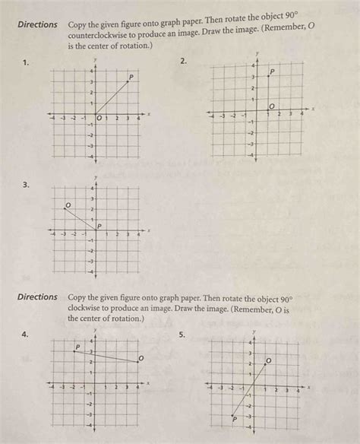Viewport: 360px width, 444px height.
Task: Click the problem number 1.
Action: click(x=26, y=63)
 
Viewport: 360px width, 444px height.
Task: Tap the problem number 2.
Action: click(x=183, y=61)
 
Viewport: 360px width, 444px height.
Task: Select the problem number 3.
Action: click(x=26, y=183)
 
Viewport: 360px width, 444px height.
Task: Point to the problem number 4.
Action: click(x=26, y=334)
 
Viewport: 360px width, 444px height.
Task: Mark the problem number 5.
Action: click(x=183, y=334)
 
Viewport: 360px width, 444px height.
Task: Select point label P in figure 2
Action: click(x=272, y=72)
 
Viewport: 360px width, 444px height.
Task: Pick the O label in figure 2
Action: click(x=273, y=106)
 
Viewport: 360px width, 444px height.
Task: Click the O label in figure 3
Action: click(x=68, y=205)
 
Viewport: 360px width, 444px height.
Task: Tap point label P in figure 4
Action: click(x=77, y=347)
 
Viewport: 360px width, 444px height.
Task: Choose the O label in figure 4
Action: click(x=141, y=357)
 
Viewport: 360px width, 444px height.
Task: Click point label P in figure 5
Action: click(x=235, y=418)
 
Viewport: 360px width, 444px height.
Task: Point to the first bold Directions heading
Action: click(x=38, y=25)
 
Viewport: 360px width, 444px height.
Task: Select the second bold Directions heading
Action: click(x=38, y=297)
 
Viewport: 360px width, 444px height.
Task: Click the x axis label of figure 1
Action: click(x=150, y=114)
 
